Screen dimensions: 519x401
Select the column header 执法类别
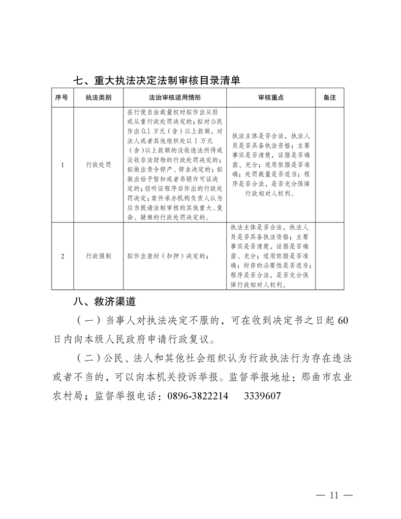click(x=98, y=98)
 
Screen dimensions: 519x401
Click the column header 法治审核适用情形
click(x=175, y=98)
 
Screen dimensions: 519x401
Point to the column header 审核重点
click(x=271, y=98)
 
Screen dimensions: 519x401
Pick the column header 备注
click(x=330, y=98)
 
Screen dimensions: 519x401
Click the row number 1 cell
click(x=62, y=165)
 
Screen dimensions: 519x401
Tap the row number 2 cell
click(x=62, y=256)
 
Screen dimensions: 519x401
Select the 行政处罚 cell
click(x=98, y=165)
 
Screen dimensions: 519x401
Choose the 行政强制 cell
click(x=98, y=256)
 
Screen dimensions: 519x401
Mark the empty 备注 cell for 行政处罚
click(x=330, y=165)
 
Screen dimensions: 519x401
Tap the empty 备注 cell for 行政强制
click(x=330, y=256)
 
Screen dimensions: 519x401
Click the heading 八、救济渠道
click(x=104, y=301)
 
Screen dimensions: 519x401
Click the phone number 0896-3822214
click(x=197, y=396)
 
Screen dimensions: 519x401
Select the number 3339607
click(x=262, y=396)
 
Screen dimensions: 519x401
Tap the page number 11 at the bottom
click(x=335, y=495)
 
